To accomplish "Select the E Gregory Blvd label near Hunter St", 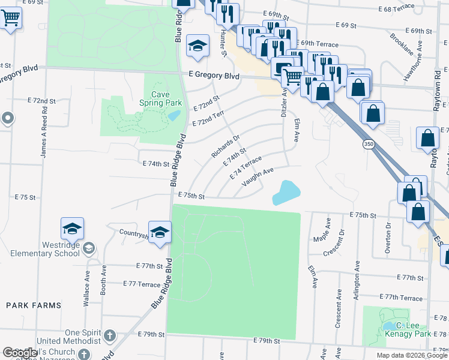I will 213,76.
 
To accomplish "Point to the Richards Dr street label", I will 225,146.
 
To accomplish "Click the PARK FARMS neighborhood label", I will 34,305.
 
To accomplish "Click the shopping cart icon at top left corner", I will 10,19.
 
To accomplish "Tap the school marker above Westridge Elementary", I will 72,229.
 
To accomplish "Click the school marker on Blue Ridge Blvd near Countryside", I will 160,232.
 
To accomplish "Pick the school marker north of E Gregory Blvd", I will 197,46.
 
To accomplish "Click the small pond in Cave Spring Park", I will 173,115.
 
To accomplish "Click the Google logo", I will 20,353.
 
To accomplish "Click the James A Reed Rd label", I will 43,137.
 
